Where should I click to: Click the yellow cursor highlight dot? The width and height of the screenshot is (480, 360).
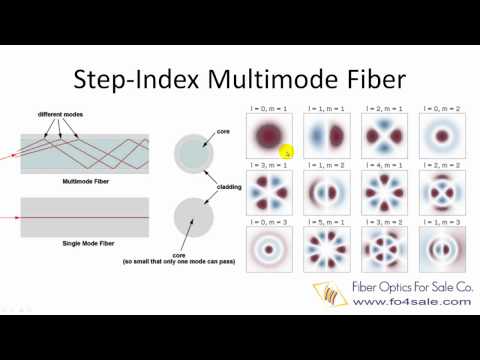286,152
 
